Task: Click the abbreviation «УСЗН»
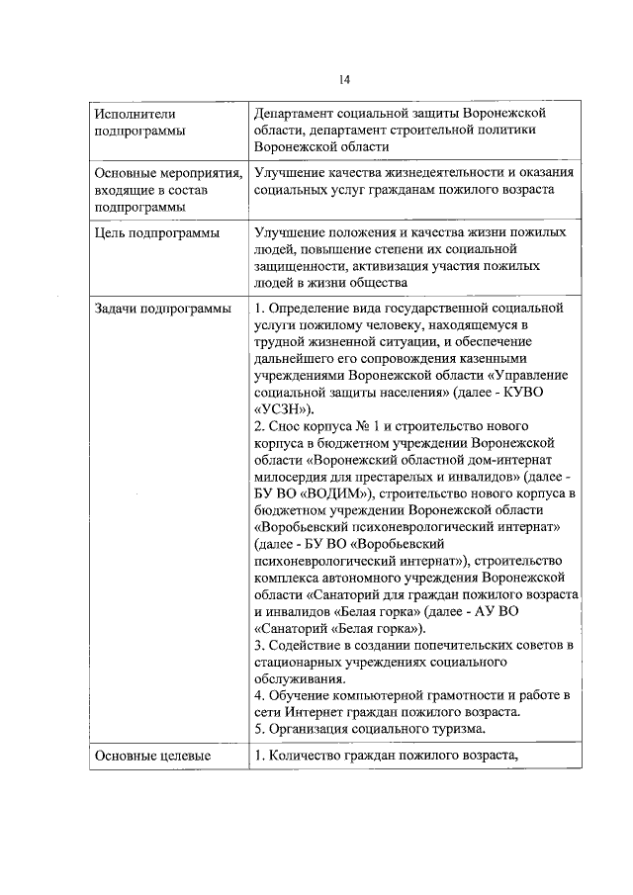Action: (285, 408)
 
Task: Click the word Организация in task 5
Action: (316, 730)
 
